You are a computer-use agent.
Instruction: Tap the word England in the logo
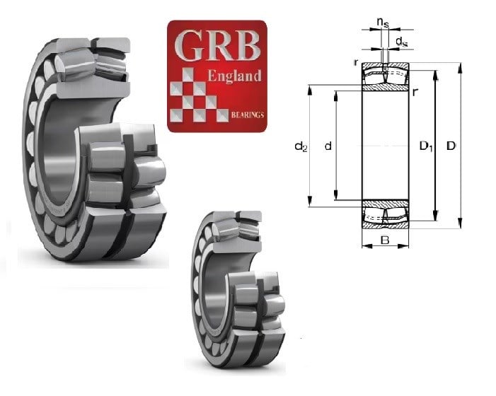click(x=235, y=76)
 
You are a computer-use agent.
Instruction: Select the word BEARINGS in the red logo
click(x=248, y=115)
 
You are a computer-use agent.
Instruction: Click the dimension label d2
click(x=301, y=146)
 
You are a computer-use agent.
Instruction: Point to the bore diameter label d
click(x=328, y=146)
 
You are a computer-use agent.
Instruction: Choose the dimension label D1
click(x=426, y=146)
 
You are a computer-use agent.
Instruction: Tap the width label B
click(x=385, y=240)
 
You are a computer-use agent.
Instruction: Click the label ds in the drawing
click(x=401, y=41)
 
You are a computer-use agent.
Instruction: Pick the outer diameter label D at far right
click(x=451, y=146)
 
